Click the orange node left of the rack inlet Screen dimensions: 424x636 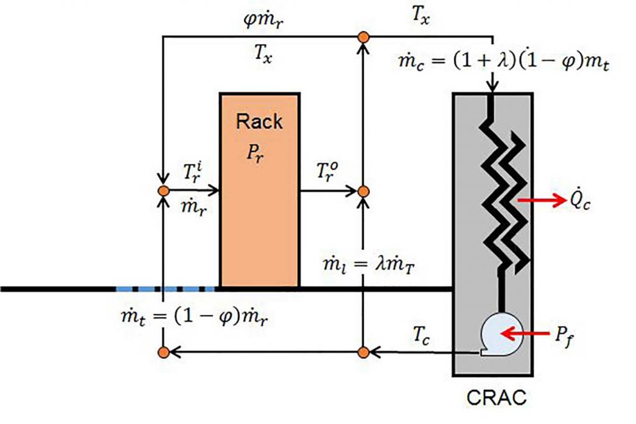(163, 191)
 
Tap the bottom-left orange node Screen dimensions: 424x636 (163, 353)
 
